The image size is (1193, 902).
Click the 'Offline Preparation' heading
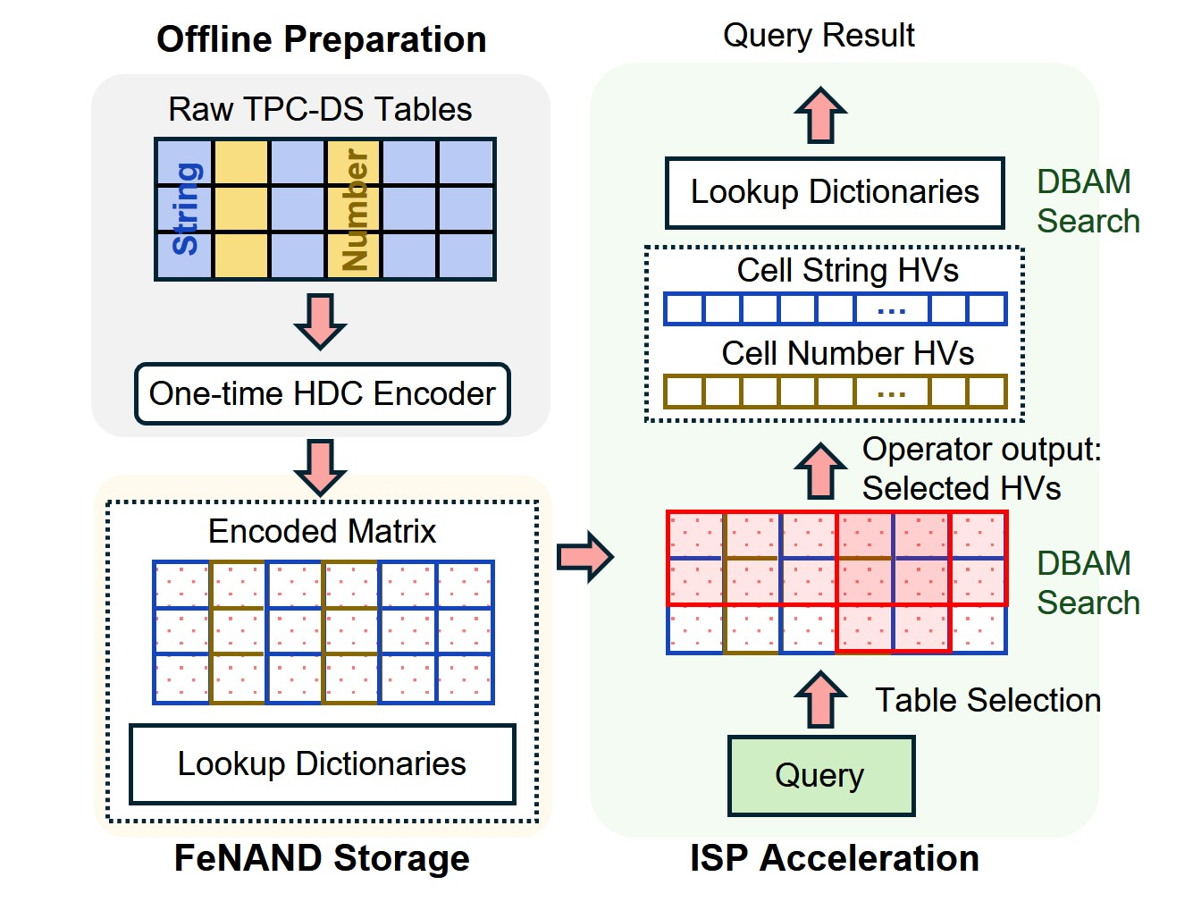click(x=321, y=40)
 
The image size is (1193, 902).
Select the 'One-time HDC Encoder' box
click(x=322, y=393)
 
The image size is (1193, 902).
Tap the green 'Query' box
click(x=820, y=775)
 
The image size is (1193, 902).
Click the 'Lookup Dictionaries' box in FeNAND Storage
click(x=322, y=764)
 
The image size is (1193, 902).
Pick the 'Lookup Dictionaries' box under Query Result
click(x=835, y=192)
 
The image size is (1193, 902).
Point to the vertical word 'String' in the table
click(x=185, y=209)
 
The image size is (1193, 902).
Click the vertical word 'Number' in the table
click(x=354, y=209)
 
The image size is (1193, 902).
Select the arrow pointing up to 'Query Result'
click(x=820, y=116)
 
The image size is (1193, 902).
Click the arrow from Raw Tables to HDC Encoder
click(x=320, y=321)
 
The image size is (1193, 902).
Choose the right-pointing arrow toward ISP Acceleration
click(x=585, y=557)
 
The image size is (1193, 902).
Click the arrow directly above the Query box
click(x=820, y=699)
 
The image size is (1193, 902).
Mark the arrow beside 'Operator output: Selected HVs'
click(x=820, y=470)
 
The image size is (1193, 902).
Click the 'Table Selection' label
click(x=987, y=700)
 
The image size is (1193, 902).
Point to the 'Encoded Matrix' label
click(x=322, y=531)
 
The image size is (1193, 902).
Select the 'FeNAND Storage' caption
click(x=322, y=858)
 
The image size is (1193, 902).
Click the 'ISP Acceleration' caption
click(x=835, y=858)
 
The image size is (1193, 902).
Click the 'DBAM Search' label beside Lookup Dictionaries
click(x=1088, y=201)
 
